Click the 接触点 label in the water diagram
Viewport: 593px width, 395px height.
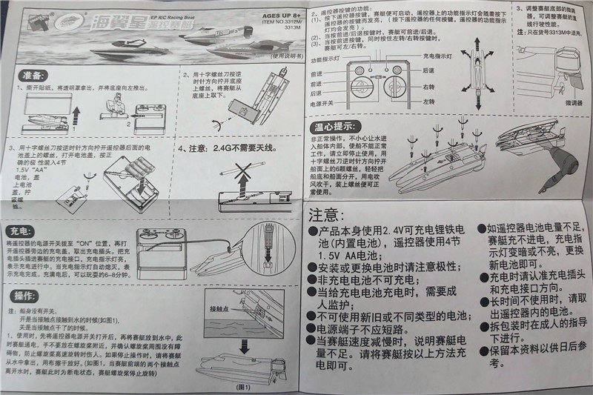click(220, 308)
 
